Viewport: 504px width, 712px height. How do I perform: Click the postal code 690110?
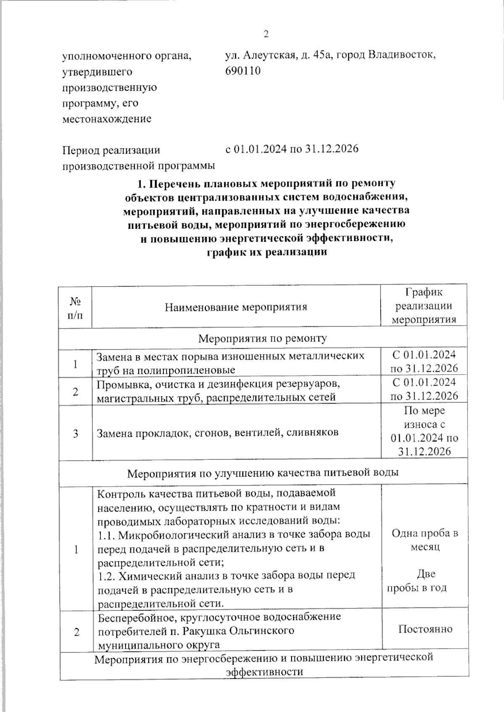(x=243, y=71)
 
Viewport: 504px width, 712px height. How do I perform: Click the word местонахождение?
(x=107, y=119)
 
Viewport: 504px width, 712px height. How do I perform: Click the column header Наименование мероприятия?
(x=236, y=307)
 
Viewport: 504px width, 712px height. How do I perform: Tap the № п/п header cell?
(x=75, y=307)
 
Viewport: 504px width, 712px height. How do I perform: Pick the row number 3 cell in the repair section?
(x=76, y=433)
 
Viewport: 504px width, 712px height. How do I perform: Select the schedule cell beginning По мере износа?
(x=424, y=431)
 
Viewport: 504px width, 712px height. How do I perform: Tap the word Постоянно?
(x=425, y=629)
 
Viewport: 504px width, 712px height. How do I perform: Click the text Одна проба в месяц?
(x=425, y=540)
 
